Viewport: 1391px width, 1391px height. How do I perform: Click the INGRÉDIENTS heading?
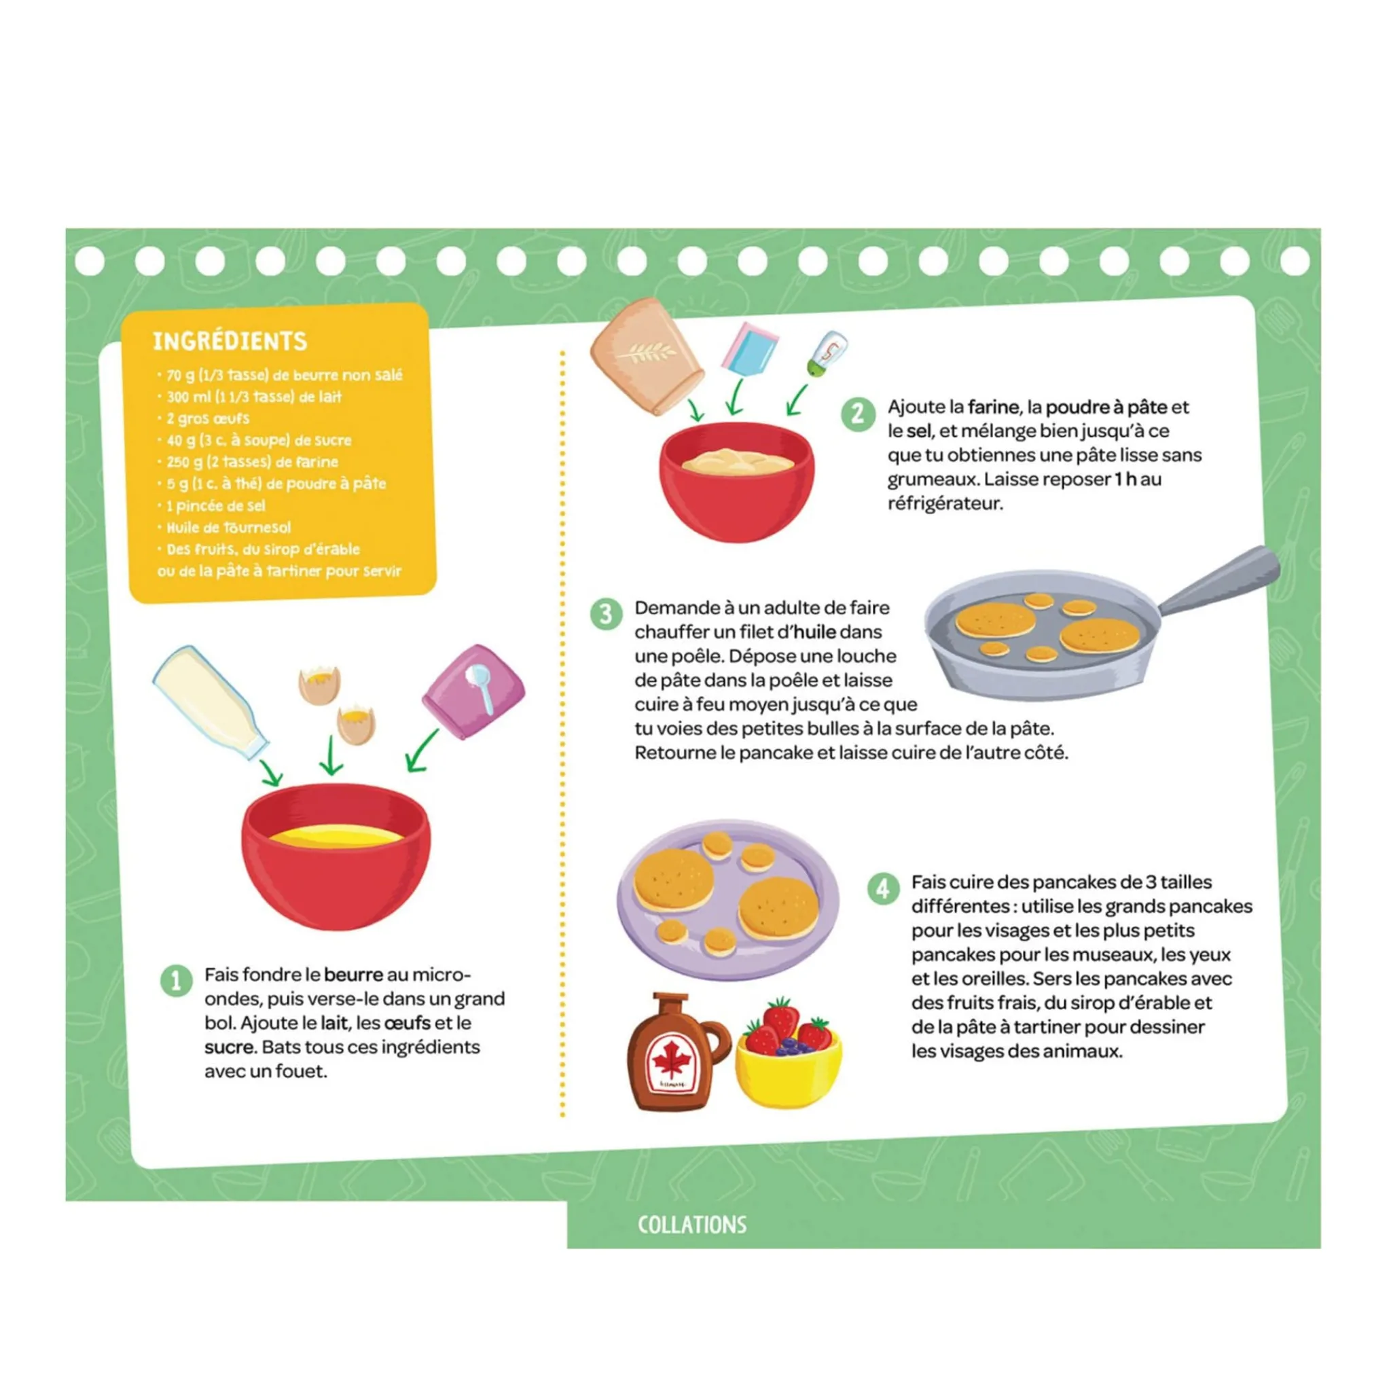pyautogui.click(x=230, y=340)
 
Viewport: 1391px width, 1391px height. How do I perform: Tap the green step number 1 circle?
pyautogui.click(x=176, y=980)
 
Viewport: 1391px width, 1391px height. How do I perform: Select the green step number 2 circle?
pyautogui.click(x=859, y=415)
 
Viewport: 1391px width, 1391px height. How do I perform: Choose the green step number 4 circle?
pyautogui.click(x=883, y=889)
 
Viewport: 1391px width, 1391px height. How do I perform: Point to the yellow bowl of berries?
pyautogui.click(x=789, y=1058)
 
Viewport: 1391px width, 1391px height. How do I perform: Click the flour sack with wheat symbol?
pyautogui.click(x=647, y=357)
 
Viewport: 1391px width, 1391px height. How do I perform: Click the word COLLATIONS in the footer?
pyautogui.click(x=692, y=1225)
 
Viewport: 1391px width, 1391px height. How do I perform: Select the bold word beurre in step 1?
pyautogui.click(x=353, y=975)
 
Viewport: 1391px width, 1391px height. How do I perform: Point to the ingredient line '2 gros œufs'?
pyautogui.click(x=207, y=418)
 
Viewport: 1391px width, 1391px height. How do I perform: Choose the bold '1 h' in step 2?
pyautogui.click(x=1125, y=479)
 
